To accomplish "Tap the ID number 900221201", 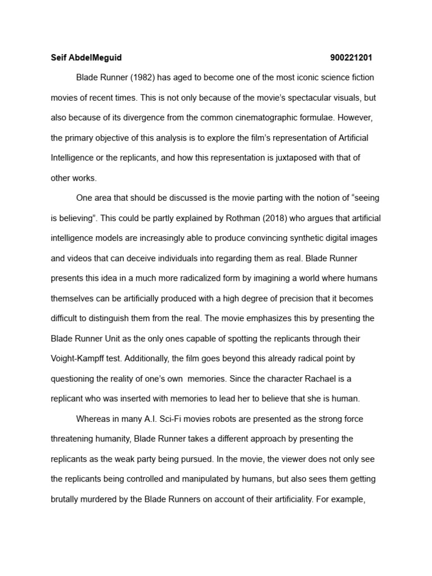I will click(x=351, y=57).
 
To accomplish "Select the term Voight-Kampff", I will click(x=76, y=358).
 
